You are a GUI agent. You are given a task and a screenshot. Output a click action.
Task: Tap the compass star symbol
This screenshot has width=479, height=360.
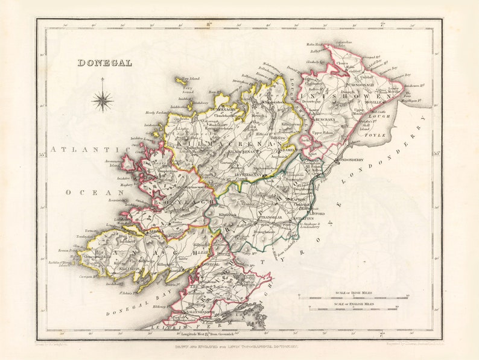tap(103, 99)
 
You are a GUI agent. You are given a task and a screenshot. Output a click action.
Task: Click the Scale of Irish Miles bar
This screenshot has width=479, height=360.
tap(353, 298)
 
